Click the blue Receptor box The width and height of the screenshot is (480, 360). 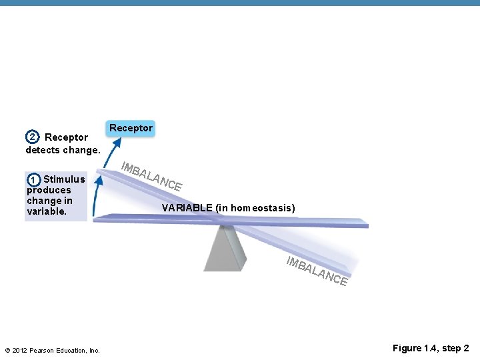131,128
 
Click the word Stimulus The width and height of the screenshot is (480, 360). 64,179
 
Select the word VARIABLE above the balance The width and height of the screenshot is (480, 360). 187,208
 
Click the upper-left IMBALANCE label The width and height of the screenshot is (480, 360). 153,175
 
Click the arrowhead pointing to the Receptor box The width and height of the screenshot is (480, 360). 117,142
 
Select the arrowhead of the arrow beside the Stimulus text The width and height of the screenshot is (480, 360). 99,179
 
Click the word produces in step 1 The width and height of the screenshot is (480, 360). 49,190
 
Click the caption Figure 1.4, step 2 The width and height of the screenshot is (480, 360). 431,349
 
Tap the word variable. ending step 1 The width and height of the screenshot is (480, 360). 47,211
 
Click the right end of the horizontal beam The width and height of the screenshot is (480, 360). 363,223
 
